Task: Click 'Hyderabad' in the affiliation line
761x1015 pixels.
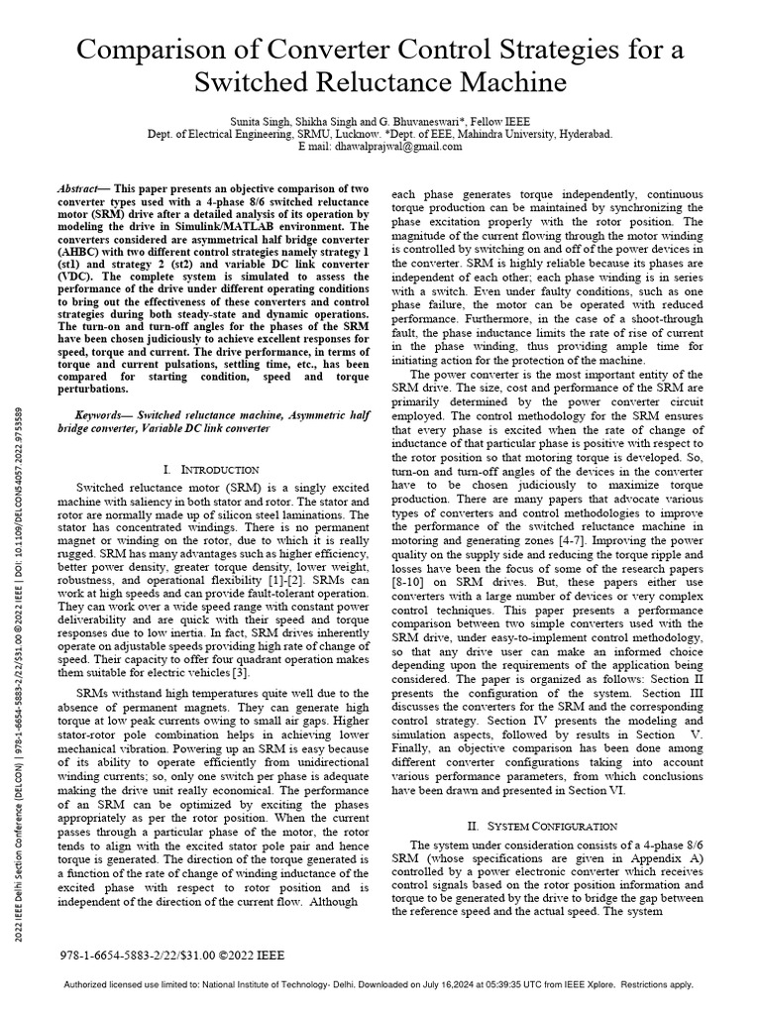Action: pos(584,133)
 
